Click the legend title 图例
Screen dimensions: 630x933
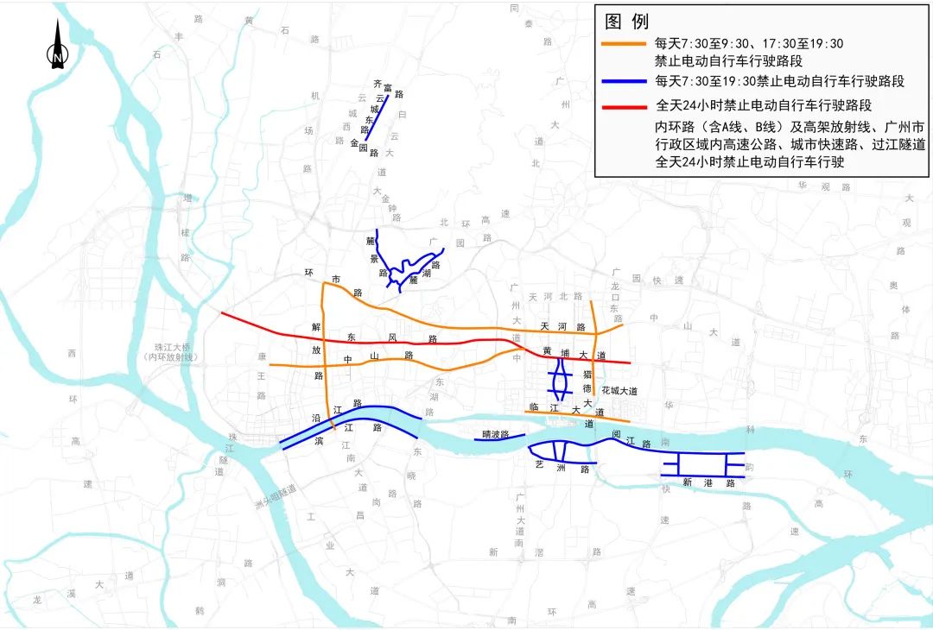pyautogui.click(x=627, y=21)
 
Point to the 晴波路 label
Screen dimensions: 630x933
pyautogui.click(x=496, y=434)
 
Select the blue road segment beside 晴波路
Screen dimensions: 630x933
pyautogui.click(x=501, y=439)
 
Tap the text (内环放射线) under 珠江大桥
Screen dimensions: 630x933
pyautogui.click(x=173, y=357)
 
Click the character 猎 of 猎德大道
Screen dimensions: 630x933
pyautogui.click(x=587, y=374)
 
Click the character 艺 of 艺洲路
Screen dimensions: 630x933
pyautogui.click(x=539, y=464)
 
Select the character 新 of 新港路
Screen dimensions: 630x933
pyautogui.click(x=686, y=482)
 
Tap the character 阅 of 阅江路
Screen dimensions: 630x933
pyautogui.click(x=614, y=436)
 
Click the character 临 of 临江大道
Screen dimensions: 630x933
pyautogui.click(x=533, y=406)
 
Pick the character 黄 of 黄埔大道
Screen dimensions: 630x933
pyautogui.click(x=547, y=350)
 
